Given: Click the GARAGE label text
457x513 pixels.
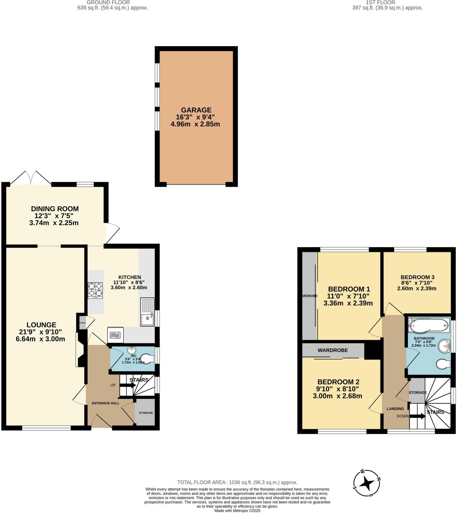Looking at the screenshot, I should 196,110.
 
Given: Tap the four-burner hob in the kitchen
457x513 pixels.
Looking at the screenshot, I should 95,290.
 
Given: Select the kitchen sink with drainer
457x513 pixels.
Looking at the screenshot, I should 147,312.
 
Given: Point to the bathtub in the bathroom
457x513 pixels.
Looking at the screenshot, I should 428,325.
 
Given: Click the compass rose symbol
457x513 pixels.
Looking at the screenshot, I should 367,483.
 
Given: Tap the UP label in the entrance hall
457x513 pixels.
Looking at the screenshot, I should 113,385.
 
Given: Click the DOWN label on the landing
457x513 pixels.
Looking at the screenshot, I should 402,416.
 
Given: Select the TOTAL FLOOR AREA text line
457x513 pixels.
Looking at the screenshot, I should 237,483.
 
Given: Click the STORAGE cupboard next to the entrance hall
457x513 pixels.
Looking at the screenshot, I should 145,413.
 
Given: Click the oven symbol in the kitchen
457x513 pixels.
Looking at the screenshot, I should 115,335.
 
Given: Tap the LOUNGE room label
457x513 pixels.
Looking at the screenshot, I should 41,325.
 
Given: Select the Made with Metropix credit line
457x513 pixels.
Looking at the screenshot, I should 237,511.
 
